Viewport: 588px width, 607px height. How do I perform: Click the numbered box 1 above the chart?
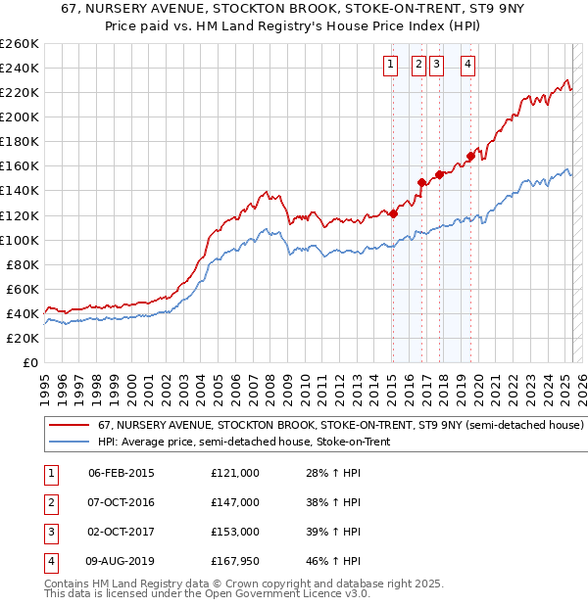(390, 66)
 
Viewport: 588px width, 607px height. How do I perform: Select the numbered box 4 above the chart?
(468, 66)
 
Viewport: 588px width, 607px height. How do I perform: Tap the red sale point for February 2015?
(393, 213)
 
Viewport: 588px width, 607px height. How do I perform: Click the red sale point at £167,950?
(471, 156)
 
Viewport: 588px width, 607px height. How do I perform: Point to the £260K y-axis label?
(20, 43)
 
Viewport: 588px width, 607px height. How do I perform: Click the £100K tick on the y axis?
(20, 240)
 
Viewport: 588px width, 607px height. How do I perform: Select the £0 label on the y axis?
(31, 362)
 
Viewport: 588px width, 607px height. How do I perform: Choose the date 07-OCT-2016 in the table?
(122, 502)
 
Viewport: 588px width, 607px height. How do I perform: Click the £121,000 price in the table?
(235, 473)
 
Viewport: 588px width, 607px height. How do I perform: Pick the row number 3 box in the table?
(50, 532)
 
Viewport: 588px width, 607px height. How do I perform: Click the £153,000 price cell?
(235, 532)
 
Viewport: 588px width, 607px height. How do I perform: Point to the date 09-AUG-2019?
(122, 561)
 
